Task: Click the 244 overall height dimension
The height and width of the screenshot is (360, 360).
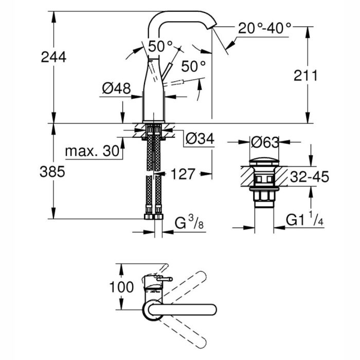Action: (53, 57)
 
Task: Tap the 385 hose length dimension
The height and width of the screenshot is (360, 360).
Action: (53, 172)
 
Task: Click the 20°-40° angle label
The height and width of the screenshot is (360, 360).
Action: (264, 27)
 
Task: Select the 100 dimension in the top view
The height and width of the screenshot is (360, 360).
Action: (121, 286)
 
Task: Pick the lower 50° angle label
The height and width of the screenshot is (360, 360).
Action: (193, 66)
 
